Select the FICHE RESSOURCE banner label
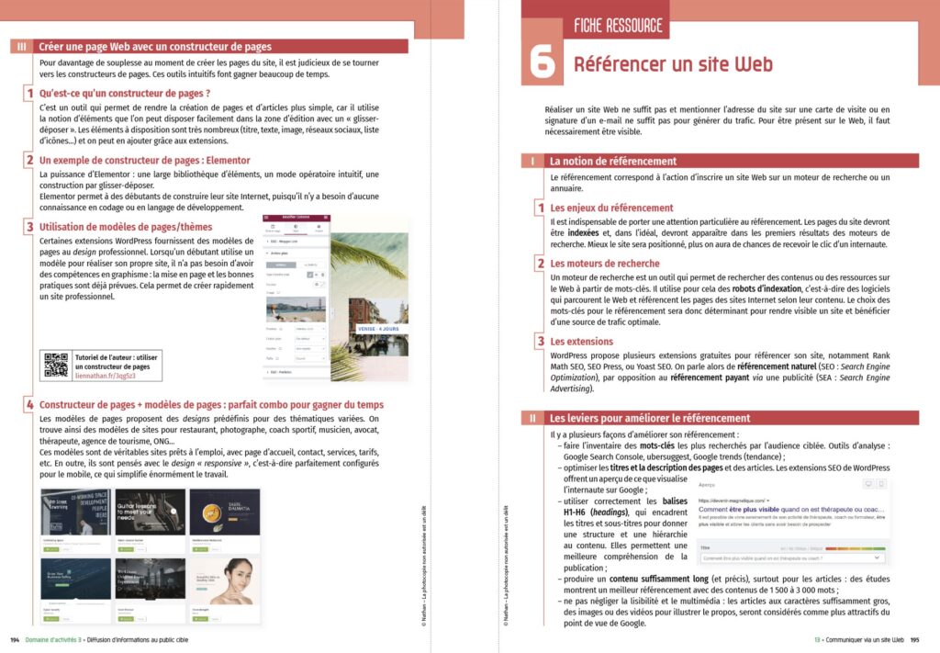point(618,26)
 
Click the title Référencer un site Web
point(673,64)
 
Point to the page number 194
point(15,639)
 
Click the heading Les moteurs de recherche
point(604,264)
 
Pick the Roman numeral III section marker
point(22,47)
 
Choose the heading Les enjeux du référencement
point(611,208)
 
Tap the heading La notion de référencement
point(612,161)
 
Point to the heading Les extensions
point(582,342)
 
